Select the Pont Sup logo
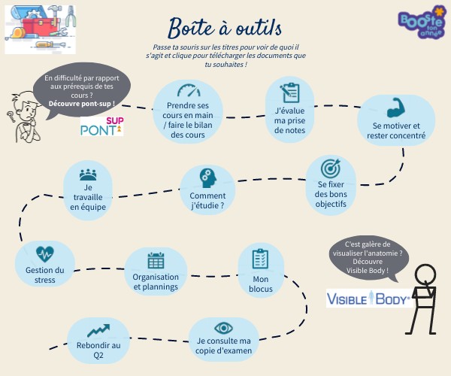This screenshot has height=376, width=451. tap(102, 125)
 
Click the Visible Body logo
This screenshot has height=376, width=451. tap(368, 299)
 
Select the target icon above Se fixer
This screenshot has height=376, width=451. tap(331, 166)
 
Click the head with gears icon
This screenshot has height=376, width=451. tap(207, 178)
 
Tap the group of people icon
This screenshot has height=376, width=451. tap(88, 174)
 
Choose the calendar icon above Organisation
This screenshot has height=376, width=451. tap(156, 260)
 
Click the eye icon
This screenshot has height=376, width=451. tap(223, 328)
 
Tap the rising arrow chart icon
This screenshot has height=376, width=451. tap(98, 329)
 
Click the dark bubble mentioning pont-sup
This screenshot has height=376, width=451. tap(81, 86)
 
